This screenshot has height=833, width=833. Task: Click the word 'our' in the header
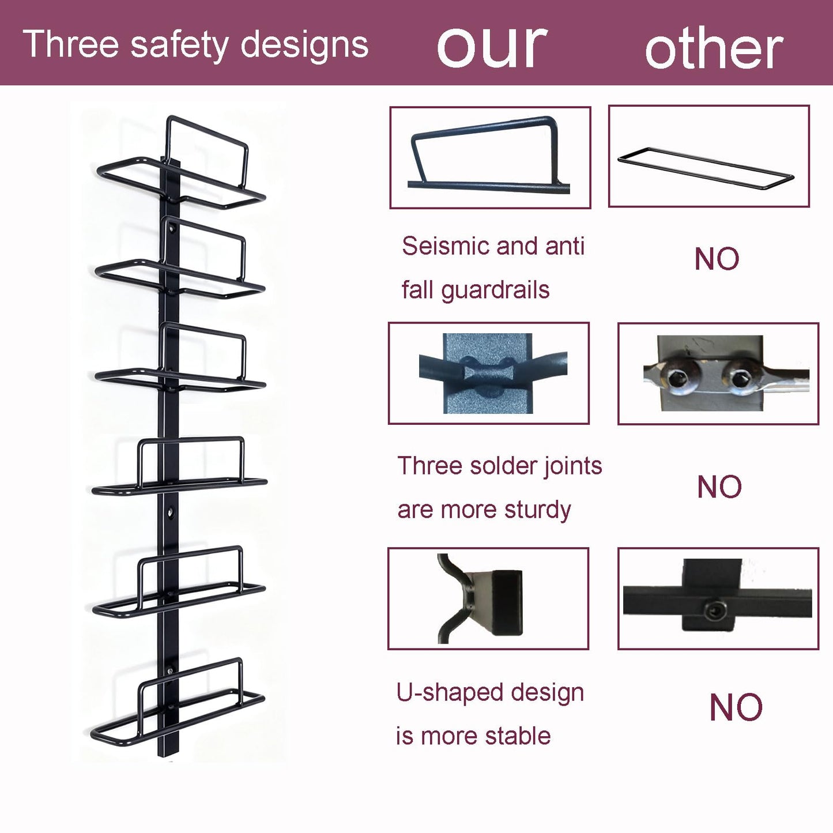click(492, 46)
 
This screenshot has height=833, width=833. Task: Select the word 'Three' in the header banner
click(70, 44)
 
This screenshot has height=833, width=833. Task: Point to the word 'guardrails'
click(495, 291)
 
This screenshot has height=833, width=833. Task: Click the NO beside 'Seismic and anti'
click(717, 259)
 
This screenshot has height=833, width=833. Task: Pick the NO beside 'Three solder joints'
click(719, 487)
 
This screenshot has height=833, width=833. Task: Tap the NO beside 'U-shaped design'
click(736, 708)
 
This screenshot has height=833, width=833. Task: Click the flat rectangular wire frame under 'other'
click(706, 168)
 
